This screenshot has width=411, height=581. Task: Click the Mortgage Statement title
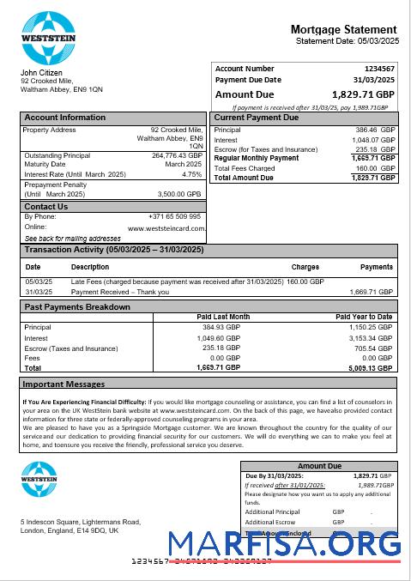coord(343,29)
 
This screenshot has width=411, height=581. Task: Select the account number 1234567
coord(379,69)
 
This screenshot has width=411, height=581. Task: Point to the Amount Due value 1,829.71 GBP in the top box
coord(364,94)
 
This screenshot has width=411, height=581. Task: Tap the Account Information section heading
coord(65,118)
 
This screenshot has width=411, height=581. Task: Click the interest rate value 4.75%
coord(192,174)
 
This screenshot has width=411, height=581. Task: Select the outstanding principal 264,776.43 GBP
coord(177,155)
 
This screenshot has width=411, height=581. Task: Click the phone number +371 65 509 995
coord(174,217)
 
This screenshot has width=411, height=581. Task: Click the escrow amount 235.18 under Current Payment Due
coord(375,149)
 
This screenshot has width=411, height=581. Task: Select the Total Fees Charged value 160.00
coord(375,168)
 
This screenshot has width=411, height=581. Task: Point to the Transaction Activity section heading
coord(114,250)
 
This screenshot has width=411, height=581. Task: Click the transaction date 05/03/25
coord(39,281)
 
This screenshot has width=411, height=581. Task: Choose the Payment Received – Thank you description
coord(120,292)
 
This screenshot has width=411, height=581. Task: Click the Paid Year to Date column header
coord(364,317)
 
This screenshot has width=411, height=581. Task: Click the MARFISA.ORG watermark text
coord(284,544)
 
